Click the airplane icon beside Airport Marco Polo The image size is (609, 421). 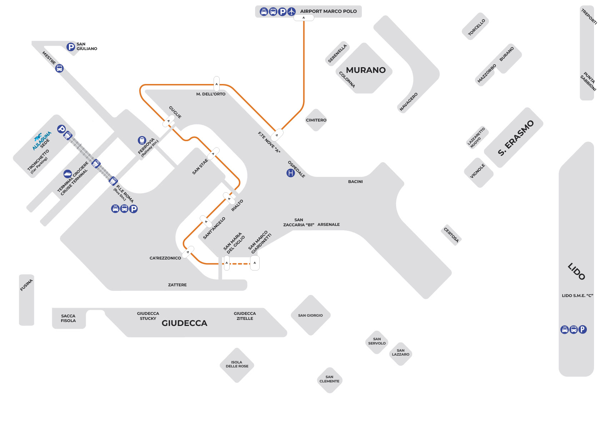pyautogui.click(x=291, y=12)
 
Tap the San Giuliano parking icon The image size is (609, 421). pyautogui.click(x=71, y=47)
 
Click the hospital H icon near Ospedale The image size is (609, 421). pyautogui.click(x=291, y=173)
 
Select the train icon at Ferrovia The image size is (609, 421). pyautogui.click(x=142, y=140)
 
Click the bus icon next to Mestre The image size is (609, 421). pyautogui.click(x=59, y=68)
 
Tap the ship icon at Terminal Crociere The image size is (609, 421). pyautogui.click(x=68, y=174)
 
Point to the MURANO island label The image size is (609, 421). pyautogui.click(x=366, y=70)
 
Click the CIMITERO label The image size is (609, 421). pyautogui.click(x=316, y=120)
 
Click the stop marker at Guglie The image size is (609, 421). pyautogui.click(x=169, y=121)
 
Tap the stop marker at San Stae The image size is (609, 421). pyautogui.click(x=213, y=154)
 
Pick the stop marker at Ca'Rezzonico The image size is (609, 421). pyautogui.click(x=188, y=252)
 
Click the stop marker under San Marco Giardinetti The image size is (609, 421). pyautogui.click(x=254, y=263)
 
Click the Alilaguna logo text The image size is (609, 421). pyautogui.click(x=41, y=140)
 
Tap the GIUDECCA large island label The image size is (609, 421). pyautogui.click(x=184, y=323)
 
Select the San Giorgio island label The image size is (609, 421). pyautogui.click(x=310, y=316)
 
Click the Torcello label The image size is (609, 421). pyautogui.click(x=476, y=27)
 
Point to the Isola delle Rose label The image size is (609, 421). pyautogui.click(x=237, y=364)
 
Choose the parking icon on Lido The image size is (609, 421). pyautogui.click(x=582, y=330)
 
